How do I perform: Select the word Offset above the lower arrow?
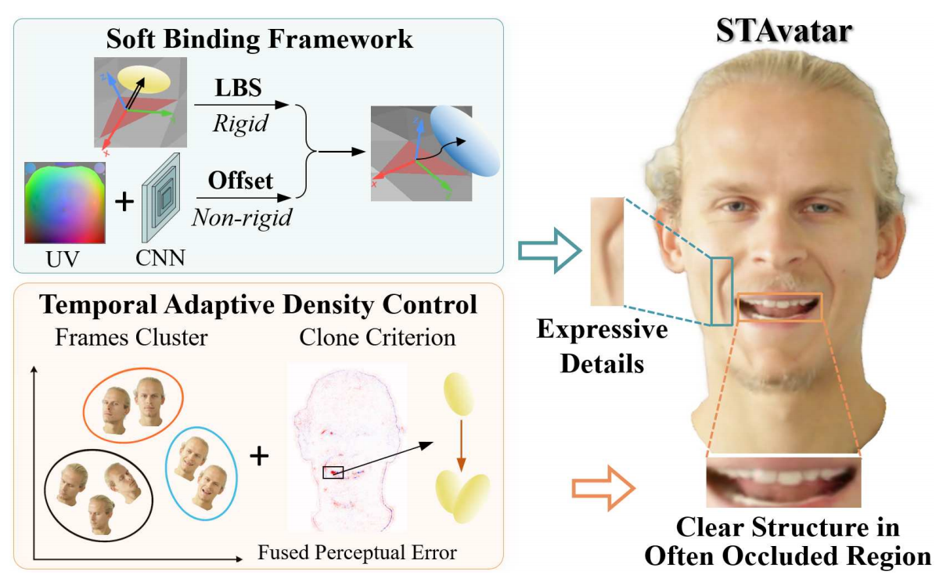click(240, 181)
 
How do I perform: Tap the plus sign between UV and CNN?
click(124, 203)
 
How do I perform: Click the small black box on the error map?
click(333, 472)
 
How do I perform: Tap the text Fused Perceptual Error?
click(357, 553)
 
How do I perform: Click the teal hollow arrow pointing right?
click(550, 250)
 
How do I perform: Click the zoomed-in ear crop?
click(607, 250)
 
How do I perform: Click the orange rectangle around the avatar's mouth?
click(779, 307)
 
